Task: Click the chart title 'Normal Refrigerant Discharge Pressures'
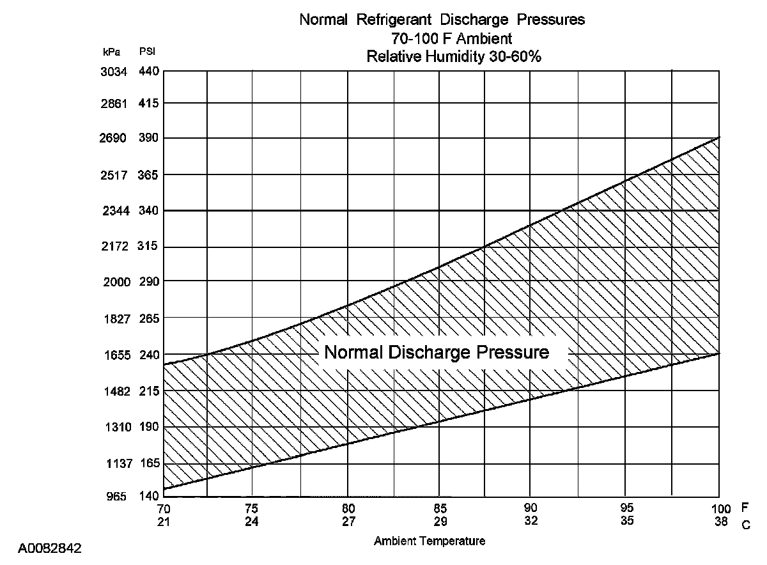442,20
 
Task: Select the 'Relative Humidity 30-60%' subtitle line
454,57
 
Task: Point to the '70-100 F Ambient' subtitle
451,39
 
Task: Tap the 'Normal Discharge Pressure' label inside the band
437,353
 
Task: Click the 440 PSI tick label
148,72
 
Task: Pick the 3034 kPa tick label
114,72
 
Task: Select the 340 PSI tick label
148,210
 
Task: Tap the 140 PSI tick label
148,497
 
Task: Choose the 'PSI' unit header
146,51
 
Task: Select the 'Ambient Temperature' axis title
430,541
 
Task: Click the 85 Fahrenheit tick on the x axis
438,509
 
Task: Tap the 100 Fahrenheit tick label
720,509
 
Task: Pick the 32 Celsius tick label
531,521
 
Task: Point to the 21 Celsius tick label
164,521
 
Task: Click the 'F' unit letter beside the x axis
745,508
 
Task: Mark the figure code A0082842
50,548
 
